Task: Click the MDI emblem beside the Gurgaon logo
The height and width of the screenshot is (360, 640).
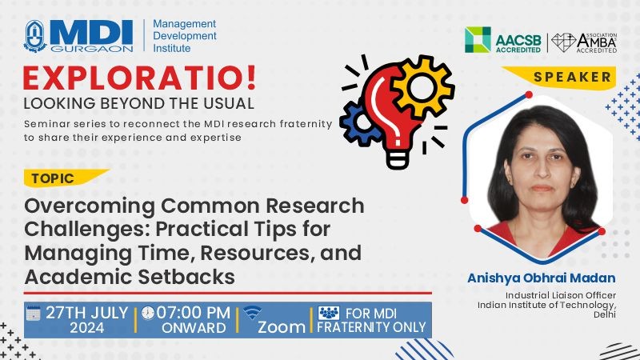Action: tap(34, 36)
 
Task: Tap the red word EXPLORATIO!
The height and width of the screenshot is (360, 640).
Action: tap(139, 78)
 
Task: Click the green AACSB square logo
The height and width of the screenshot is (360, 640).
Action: tap(478, 39)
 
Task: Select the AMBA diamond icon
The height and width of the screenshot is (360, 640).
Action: tap(563, 42)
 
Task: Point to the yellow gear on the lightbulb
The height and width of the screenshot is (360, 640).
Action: tap(422, 86)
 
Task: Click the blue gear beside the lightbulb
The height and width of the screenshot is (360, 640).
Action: tap(358, 122)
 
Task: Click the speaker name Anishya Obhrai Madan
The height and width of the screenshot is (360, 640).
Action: tap(542, 278)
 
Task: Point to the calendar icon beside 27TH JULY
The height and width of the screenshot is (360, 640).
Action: tap(34, 314)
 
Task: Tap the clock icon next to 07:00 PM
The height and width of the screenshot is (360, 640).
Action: tap(148, 313)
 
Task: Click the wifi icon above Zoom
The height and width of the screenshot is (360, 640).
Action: tap(252, 313)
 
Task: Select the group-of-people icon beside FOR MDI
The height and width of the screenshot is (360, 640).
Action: tap(329, 313)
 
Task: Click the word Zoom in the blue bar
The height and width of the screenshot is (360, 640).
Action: tap(282, 327)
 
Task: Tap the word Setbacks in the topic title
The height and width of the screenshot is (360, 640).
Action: tap(186, 277)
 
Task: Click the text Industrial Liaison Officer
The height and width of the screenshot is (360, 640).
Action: tap(561, 295)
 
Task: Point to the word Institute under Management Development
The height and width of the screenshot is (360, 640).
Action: tap(171, 48)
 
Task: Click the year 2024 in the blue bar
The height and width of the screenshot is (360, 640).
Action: tap(87, 328)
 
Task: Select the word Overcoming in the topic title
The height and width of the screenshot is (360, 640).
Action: tap(90, 206)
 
